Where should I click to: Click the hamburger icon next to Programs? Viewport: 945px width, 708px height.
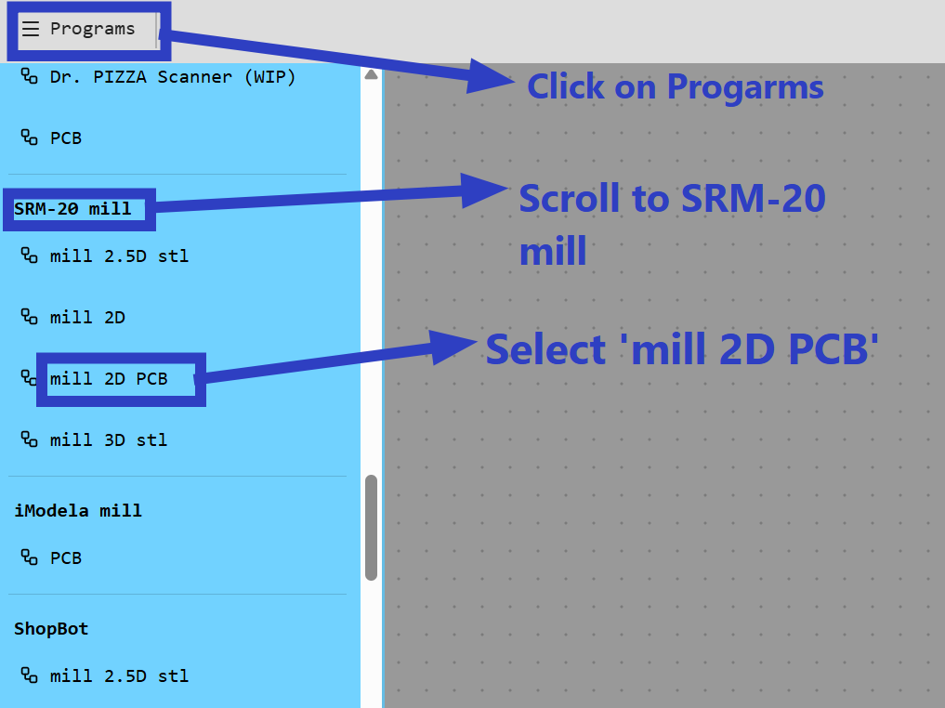coord(31,29)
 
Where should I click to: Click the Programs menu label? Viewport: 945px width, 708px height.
coord(92,29)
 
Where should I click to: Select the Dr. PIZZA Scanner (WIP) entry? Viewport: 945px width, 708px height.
coord(172,77)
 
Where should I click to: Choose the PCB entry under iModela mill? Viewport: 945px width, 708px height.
coord(65,557)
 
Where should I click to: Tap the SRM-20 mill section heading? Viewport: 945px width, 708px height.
coord(72,209)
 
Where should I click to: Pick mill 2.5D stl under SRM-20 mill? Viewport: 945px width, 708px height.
coord(119,256)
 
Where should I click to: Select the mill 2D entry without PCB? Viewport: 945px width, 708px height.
coord(87,317)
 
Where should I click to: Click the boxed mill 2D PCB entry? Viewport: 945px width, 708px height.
coord(109,378)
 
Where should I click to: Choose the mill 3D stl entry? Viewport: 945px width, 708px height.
coord(109,439)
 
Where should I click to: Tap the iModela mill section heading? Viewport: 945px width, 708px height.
coord(78,510)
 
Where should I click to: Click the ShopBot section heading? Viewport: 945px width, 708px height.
coord(51,628)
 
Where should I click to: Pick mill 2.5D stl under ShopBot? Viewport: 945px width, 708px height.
coord(119,675)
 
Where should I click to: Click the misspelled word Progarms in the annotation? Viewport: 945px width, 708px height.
coord(745,87)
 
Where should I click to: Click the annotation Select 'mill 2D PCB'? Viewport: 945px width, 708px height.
coord(682,349)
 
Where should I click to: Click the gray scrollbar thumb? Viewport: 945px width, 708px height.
coord(372,527)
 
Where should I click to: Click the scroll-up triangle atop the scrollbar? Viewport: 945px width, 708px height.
coord(372,73)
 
